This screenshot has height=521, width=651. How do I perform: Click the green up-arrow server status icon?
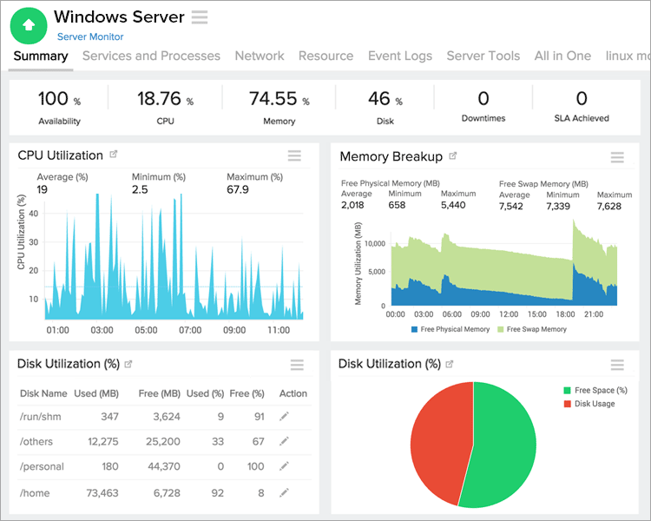(28, 25)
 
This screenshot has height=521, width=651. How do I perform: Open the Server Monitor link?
(90, 36)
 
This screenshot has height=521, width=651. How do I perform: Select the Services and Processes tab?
(151, 56)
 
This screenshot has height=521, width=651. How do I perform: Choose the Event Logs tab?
(399, 56)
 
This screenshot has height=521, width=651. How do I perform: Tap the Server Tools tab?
(483, 56)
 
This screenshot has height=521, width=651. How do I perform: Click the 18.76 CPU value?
(159, 99)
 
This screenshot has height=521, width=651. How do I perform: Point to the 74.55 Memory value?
(273, 99)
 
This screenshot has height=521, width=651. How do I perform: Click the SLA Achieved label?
(582, 118)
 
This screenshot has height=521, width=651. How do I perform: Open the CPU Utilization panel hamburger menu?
(294, 155)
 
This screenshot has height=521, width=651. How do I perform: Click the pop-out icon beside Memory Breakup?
(453, 156)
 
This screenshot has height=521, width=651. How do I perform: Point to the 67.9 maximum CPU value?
(238, 189)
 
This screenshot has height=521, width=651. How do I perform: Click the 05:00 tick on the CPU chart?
(146, 330)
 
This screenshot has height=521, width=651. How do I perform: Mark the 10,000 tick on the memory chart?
(373, 244)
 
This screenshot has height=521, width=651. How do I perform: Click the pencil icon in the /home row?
(284, 493)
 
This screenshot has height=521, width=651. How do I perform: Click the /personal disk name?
(42, 466)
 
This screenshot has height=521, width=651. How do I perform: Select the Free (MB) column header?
(159, 393)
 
